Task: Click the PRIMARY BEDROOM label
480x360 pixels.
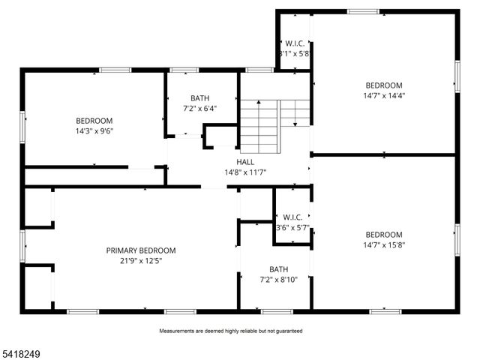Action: pos(140,250)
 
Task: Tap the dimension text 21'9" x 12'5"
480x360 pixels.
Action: pos(140,261)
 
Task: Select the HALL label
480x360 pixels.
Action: pos(245,161)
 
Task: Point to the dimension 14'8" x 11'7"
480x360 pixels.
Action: pos(245,172)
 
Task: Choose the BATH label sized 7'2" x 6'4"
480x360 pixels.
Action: pos(199,98)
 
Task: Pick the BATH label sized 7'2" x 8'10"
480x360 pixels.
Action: pos(279,269)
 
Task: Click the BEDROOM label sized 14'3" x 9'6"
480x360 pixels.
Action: pos(94,121)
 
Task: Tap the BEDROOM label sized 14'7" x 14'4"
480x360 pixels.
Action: pos(383,85)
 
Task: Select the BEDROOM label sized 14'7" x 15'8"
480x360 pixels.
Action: pos(383,234)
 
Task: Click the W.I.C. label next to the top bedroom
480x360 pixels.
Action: pos(293,43)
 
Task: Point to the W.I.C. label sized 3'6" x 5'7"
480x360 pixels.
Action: pos(292,217)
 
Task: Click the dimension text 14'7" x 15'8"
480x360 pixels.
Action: pos(383,244)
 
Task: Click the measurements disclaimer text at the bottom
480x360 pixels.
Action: pos(230,331)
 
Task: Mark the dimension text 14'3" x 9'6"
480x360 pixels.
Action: pos(94,131)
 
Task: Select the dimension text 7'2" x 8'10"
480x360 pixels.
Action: pos(279,280)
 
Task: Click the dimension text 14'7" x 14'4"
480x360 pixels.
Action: pos(383,96)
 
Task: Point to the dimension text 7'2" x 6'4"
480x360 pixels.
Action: pos(199,109)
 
